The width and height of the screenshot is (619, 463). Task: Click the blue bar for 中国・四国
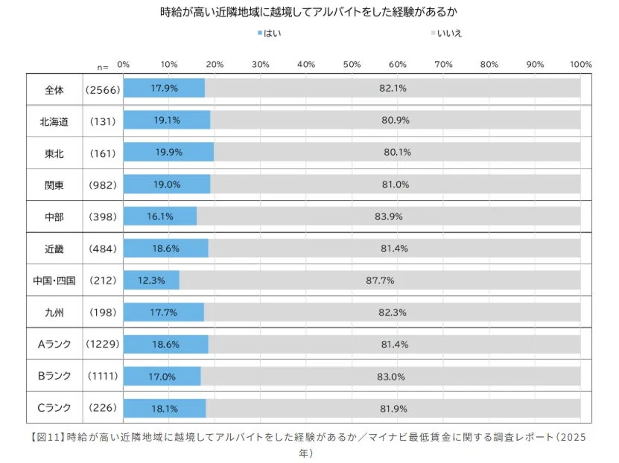click(x=151, y=280)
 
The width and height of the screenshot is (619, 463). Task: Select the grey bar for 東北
click(x=397, y=152)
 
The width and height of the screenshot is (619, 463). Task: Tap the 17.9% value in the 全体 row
click(x=163, y=88)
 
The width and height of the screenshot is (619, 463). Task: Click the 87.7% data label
click(x=380, y=280)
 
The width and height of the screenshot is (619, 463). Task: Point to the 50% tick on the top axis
click(x=352, y=64)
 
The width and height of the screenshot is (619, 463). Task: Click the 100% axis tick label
click(x=580, y=64)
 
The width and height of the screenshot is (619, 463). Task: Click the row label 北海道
click(x=54, y=120)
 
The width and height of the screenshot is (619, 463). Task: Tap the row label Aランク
click(x=54, y=344)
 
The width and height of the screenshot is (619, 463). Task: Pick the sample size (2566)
click(x=102, y=89)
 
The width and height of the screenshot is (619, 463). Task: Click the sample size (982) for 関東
click(x=102, y=184)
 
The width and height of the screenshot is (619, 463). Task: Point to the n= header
click(x=102, y=66)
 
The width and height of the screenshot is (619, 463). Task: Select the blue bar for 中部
click(x=159, y=216)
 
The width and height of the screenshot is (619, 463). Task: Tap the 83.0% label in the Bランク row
click(x=390, y=377)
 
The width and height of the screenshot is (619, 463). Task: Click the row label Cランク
click(x=54, y=408)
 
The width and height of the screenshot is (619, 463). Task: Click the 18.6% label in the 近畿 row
click(x=164, y=248)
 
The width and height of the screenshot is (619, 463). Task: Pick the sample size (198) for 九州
click(x=102, y=312)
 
